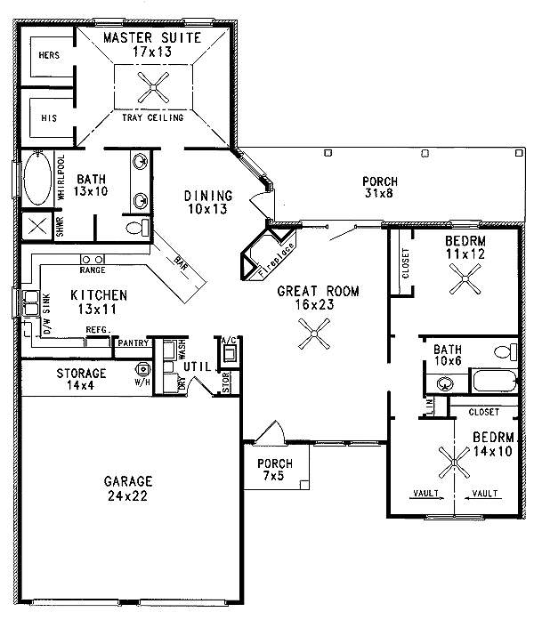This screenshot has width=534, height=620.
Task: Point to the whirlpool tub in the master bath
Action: (36, 180)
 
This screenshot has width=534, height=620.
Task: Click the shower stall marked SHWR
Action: (36, 225)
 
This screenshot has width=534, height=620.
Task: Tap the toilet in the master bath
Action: (135, 229)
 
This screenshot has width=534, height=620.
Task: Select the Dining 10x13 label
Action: (208, 202)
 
